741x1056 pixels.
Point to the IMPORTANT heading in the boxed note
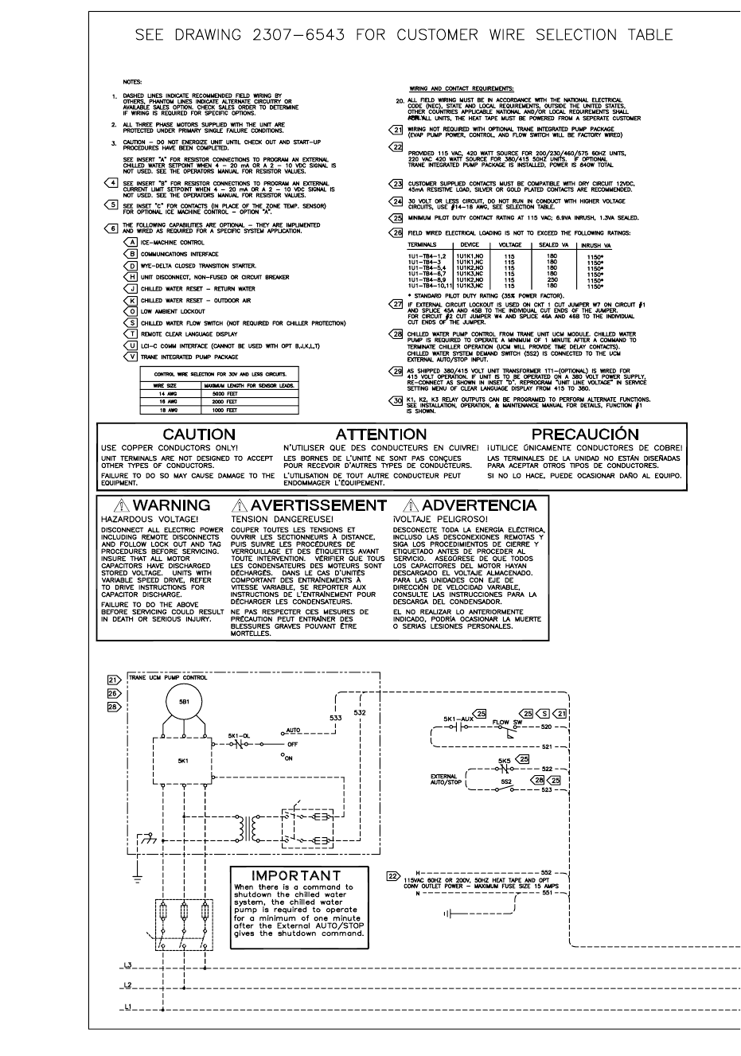tap(295, 876)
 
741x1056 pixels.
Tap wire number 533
tap(336, 717)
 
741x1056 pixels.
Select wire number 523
tap(546, 789)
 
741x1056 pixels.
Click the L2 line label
tap(127, 985)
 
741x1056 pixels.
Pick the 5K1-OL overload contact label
tap(240, 735)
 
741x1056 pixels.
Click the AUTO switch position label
tap(293, 729)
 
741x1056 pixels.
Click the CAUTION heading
tap(199, 434)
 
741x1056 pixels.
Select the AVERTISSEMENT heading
tap(318, 505)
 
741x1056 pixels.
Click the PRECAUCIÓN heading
tap(585, 434)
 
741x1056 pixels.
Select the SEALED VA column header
tap(548, 245)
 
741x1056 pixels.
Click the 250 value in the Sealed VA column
tap(551, 280)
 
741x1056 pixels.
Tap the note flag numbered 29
tap(396, 371)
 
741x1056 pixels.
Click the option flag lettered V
tap(132, 357)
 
